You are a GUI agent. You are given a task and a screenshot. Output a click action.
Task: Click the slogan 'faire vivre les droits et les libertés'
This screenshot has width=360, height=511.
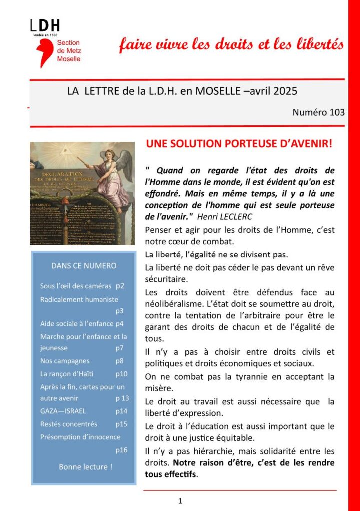click(231, 44)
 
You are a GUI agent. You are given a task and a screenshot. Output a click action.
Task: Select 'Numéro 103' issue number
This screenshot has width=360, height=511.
click(319, 112)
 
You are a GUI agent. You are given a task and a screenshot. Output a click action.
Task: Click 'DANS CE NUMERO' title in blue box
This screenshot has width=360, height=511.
click(84, 266)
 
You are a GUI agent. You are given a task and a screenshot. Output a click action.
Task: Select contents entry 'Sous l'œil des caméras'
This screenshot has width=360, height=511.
click(75, 287)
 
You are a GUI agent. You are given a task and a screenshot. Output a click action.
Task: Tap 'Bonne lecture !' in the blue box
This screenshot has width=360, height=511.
click(85, 467)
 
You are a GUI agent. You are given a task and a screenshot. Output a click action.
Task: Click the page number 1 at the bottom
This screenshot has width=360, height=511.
click(180, 501)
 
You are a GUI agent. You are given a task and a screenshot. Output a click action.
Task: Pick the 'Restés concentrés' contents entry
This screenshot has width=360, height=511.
click(69, 424)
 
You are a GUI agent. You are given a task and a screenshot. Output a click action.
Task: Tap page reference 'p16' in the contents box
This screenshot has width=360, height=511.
click(122, 450)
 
